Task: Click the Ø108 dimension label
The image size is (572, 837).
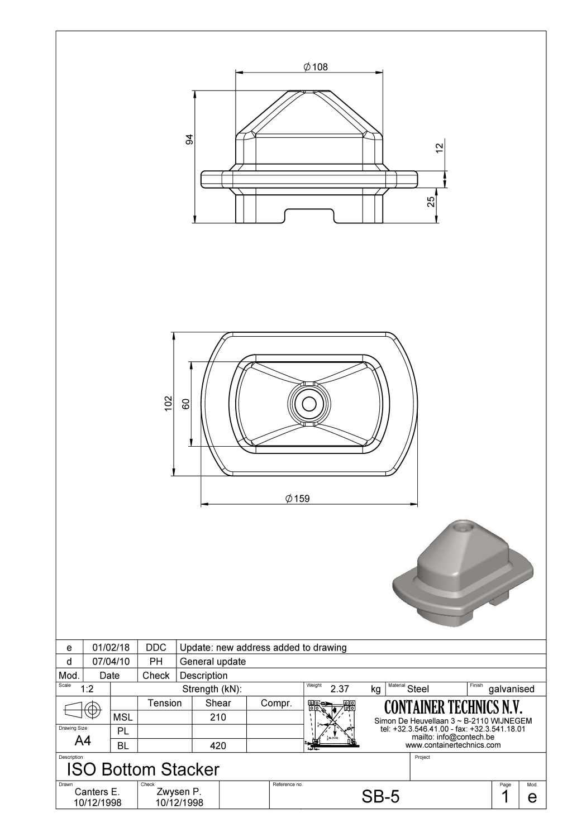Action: pyautogui.click(x=316, y=67)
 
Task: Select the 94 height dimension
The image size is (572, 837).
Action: pyautogui.click(x=189, y=140)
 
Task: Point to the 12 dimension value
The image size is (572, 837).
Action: pyautogui.click(x=439, y=147)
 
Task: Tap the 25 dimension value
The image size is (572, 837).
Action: pyautogui.click(x=431, y=202)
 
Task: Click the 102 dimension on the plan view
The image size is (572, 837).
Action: pyautogui.click(x=168, y=404)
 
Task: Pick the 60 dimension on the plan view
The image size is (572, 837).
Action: pyautogui.click(x=187, y=403)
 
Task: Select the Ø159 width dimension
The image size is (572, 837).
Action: pyautogui.click(x=297, y=499)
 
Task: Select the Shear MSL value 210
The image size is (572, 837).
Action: pyautogui.click(x=218, y=718)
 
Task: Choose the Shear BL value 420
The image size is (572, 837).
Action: pyautogui.click(x=218, y=745)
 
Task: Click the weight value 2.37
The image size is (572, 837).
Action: pyautogui.click(x=340, y=689)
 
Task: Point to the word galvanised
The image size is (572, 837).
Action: pyautogui.click(x=511, y=689)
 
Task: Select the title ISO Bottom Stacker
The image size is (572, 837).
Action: pyautogui.click(x=143, y=769)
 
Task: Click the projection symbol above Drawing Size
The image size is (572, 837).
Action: pyautogui.click(x=83, y=710)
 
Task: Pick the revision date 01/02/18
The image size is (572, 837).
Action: pyautogui.click(x=111, y=648)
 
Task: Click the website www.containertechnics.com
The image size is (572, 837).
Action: pyautogui.click(x=453, y=745)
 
